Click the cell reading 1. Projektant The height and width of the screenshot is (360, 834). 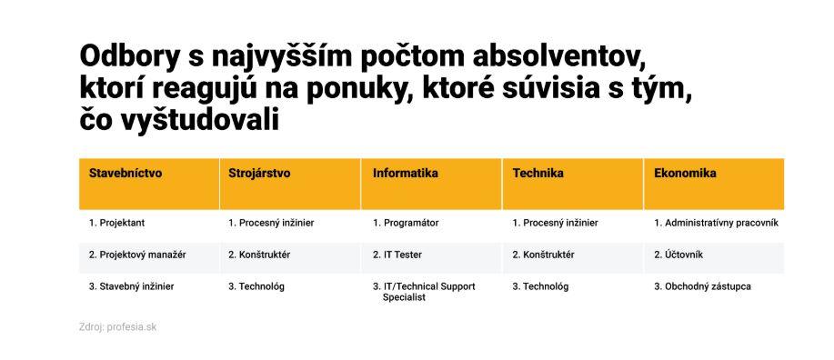coord(116,224)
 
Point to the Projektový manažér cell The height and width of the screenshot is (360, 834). coord(137,255)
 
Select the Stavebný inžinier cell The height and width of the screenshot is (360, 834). coord(131,286)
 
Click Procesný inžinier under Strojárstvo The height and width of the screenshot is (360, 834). coord(271,224)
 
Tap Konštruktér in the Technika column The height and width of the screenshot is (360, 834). coord(543,255)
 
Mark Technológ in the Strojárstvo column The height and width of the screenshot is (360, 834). coord(256,286)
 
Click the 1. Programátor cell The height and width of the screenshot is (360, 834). coord(406,224)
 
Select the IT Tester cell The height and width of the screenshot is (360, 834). coord(397,255)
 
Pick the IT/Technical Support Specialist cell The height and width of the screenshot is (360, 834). coord(424,292)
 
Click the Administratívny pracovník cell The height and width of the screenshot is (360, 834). coord(716,224)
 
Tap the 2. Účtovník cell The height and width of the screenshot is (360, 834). coord(678,255)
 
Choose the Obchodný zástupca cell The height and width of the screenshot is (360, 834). coord(703,286)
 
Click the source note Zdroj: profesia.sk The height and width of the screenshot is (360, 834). coord(117,327)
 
